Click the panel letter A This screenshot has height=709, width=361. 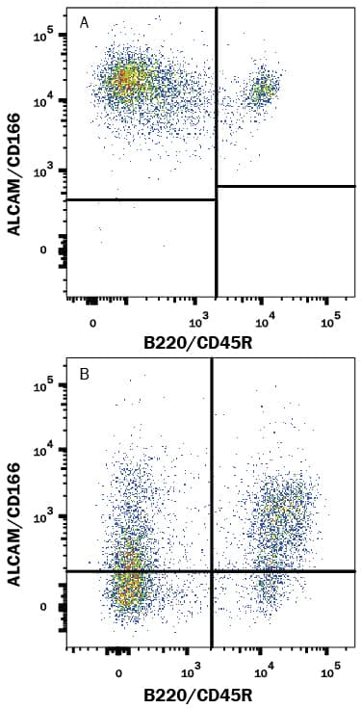coord(85,23)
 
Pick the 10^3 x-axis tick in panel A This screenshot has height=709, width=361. coord(200,320)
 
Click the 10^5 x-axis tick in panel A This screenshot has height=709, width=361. coord(329,320)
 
